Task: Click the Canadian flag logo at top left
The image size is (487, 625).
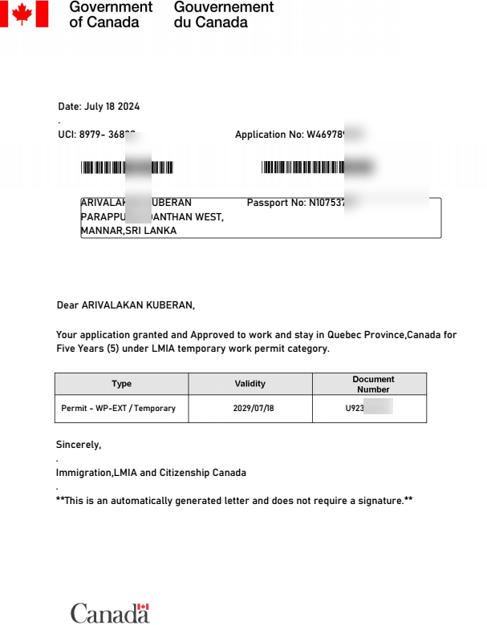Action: (24, 14)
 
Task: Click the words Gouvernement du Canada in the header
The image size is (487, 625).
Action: (223, 14)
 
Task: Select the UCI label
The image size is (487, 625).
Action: (67, 135)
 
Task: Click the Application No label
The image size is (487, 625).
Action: (269, 135)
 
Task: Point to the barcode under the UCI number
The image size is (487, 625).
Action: (127, 167)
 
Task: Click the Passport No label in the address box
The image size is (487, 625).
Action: (276, 203)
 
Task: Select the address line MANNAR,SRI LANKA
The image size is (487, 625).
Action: (128, 231)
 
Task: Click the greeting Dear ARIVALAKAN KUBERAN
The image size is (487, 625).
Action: (125, 305)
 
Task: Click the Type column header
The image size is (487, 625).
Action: (121, 384)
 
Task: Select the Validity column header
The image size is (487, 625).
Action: (250, 384)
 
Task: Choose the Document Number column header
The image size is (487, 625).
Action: (373, 384)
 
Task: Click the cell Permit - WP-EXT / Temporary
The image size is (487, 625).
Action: (118, 409)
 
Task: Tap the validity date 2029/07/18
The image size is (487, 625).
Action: (250, 409)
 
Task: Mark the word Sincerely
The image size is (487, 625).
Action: (78, 444)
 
